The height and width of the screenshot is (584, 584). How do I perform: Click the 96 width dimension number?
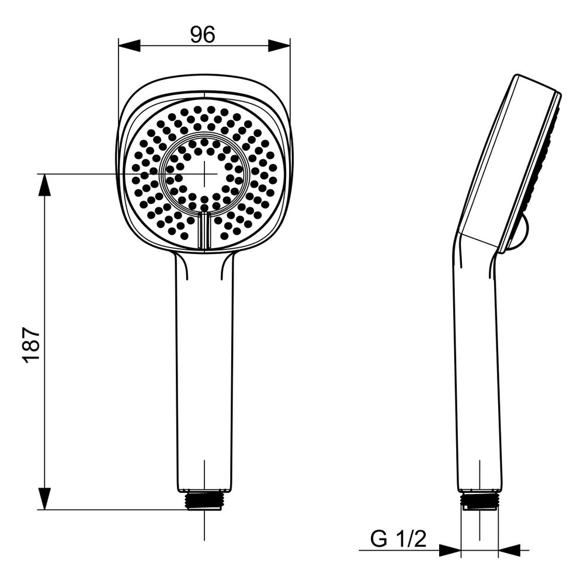(203, 34)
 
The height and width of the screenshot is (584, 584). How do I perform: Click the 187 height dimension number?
(31, 345)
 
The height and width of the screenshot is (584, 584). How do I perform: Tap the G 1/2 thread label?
(398, 539)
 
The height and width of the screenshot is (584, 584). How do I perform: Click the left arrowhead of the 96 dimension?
(129, 46)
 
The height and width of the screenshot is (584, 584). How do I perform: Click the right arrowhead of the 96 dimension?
(279, 46)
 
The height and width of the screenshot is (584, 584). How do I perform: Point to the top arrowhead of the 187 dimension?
(44, 185)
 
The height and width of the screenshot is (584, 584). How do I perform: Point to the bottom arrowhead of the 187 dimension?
(44, 499)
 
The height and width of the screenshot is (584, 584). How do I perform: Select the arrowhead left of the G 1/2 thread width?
(450, 550)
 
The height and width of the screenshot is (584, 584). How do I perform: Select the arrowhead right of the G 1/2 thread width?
(509, 550)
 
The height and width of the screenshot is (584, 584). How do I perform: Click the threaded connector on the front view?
(204, 500)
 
